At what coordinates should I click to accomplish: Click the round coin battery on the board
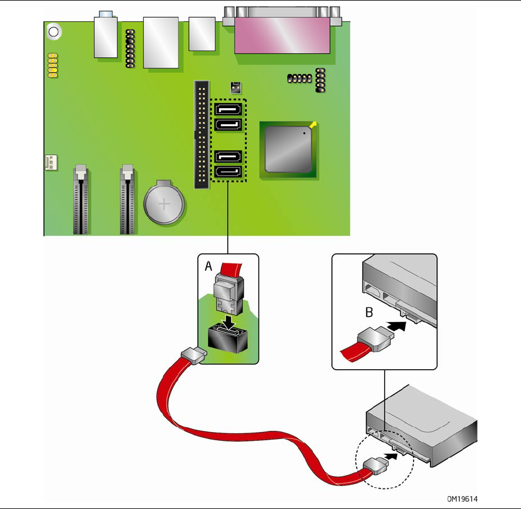click(x=165, y=204)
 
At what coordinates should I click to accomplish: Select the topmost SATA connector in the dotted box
click(x=227, y=109)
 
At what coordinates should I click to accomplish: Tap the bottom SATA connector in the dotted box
click(x=227, y=172)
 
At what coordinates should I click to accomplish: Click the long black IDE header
click(x=201, y=135)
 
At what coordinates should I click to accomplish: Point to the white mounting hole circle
click(x=53, y=32)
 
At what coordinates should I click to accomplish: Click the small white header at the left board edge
click(x=51, y=163)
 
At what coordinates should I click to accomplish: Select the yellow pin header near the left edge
click(x=52, y=65)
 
